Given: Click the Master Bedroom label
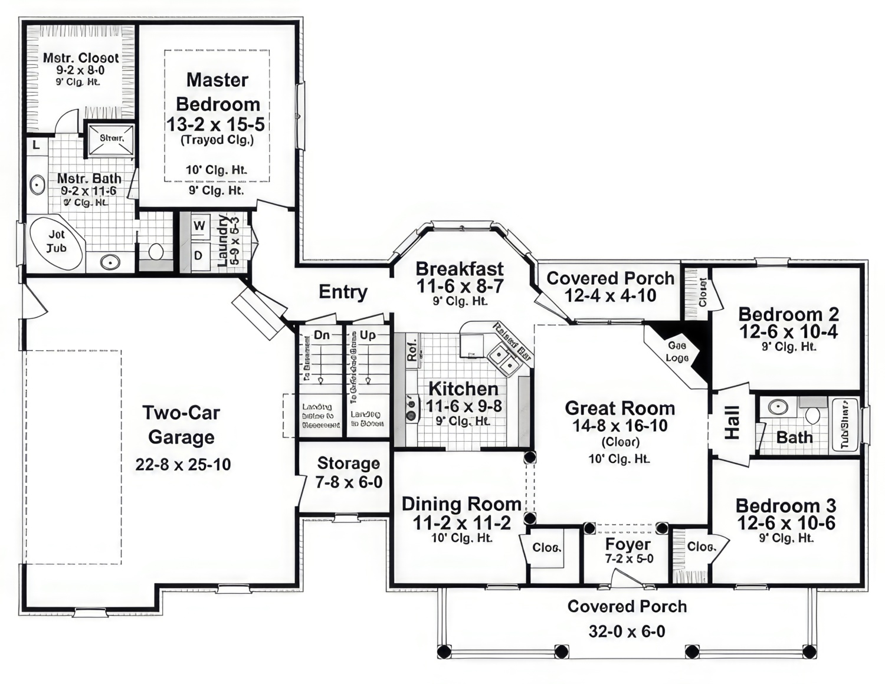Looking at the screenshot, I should point(217,92).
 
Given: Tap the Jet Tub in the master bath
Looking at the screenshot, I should point(57,242).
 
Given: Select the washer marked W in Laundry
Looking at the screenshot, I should point(199,225).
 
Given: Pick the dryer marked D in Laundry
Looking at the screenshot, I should point(199,255).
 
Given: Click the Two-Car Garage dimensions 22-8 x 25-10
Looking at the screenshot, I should point(183,465).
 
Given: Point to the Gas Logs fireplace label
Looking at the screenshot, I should point(677,352).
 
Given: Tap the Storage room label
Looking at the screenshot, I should point(348,463).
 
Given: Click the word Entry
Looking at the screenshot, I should point(343,292).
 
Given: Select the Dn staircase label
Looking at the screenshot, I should point(322,335).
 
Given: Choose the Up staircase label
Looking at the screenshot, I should point(368,335).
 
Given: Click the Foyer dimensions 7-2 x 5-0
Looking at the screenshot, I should point(629,559).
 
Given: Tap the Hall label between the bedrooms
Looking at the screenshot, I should point(732,422).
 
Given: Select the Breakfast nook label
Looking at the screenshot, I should point(459,269).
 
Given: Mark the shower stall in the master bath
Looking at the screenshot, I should point(111,139).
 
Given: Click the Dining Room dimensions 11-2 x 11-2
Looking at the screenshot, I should point(461,522).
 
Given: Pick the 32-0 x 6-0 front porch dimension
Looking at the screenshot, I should point(627,632).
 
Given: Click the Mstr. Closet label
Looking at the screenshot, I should point(81,58).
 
